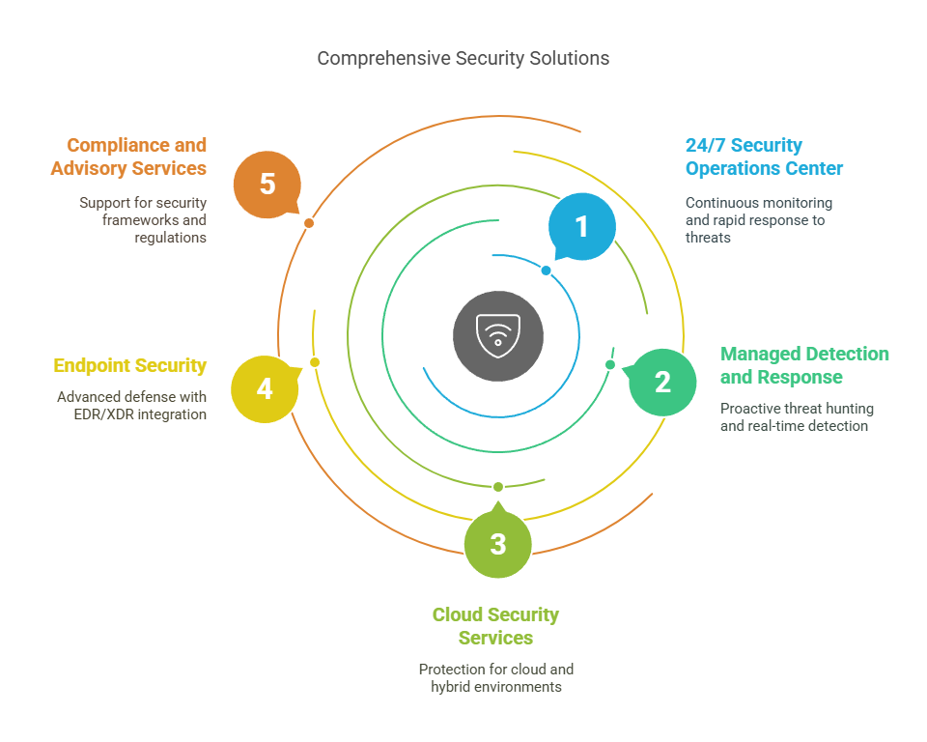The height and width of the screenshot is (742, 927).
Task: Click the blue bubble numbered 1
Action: (581, 227)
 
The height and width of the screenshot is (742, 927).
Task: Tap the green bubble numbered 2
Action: (662, 383)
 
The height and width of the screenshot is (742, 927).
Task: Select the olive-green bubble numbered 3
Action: (498, 543)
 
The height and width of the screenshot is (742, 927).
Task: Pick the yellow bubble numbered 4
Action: (265, 388)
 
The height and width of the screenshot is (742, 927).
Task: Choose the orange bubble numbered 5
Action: (267, 184)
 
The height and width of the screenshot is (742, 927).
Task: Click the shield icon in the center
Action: (498, 336)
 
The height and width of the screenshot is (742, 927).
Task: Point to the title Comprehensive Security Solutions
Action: (463, 59)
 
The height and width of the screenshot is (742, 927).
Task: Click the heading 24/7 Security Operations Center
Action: (764, 157)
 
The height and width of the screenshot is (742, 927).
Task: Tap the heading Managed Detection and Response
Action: (804, 365)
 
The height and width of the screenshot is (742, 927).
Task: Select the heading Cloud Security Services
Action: (495, 626)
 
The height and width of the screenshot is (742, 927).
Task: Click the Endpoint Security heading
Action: (130, 365)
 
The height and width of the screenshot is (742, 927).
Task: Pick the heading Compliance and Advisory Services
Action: (128, 157)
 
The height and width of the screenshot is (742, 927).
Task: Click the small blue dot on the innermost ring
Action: (547, 271)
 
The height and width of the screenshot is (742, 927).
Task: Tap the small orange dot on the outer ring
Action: (309, 223)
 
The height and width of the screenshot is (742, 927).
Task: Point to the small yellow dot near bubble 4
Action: (315, 362)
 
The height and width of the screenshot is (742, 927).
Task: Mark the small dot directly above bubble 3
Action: (498, 487)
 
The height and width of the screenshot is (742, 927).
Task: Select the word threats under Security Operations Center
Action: (708, 238)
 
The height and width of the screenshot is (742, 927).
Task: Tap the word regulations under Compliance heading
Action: (170, 238)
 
